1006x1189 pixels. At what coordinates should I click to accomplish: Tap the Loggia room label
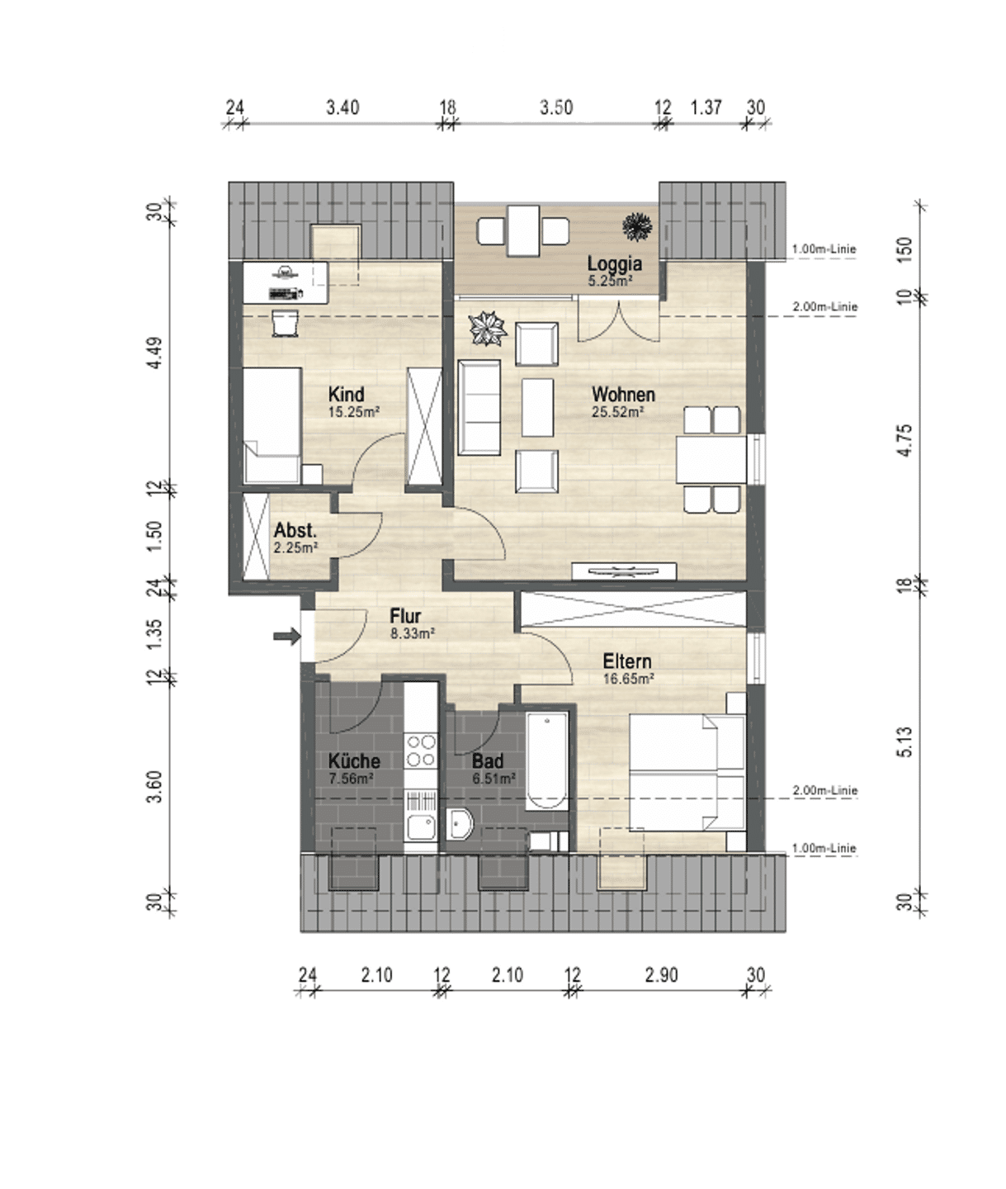(614, 264)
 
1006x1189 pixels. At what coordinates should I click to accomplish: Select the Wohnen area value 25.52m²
(617, 412)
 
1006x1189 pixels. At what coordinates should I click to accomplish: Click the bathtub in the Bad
(546, 760)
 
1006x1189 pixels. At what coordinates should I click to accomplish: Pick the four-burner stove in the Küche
(420, 751)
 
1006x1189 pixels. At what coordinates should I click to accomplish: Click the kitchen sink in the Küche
(420, 827)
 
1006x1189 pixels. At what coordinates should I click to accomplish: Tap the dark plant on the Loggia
(637, 226)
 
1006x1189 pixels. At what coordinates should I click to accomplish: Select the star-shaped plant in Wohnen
(488, 329)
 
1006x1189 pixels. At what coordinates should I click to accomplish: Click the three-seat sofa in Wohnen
(479, 408)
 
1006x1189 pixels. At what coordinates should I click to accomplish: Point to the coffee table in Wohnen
(537, 407)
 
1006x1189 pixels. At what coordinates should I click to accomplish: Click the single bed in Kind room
(272, 425)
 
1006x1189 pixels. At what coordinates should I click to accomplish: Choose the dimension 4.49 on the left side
(154, 353)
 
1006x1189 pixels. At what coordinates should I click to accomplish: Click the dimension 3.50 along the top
(556, 108)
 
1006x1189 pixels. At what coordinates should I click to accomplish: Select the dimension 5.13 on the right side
(904, 742)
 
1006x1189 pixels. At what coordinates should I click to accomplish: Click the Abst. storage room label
(295, 530)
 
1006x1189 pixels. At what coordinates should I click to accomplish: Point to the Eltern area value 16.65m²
(628, 679)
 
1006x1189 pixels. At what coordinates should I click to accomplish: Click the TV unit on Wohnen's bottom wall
(624, 571)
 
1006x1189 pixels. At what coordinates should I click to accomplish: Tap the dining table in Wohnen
(711, 460)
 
